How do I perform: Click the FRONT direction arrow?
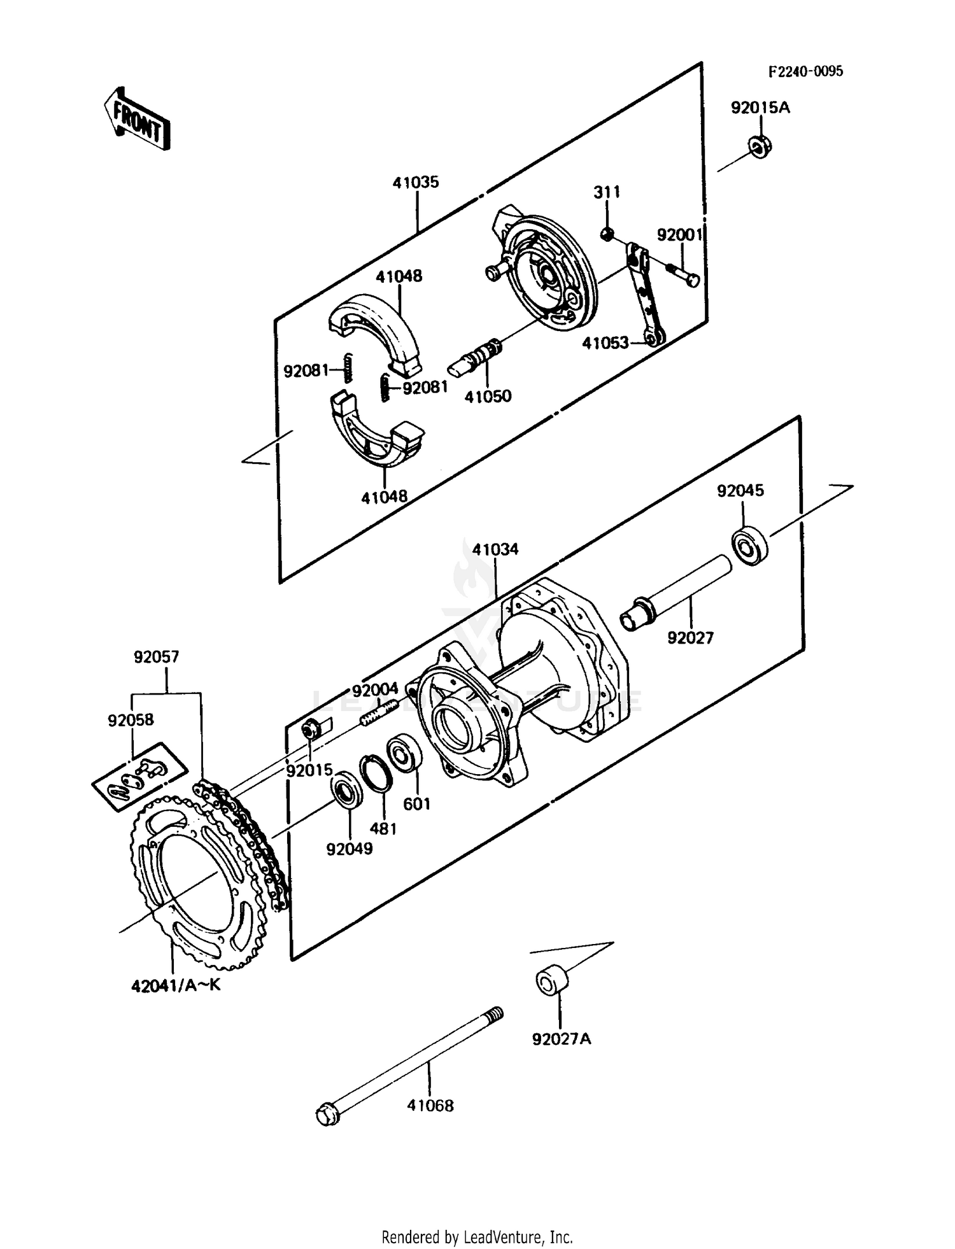point(136,119)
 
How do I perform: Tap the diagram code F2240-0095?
point(805,71)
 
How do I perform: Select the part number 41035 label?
point(416,183)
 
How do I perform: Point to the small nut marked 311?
point(607,235)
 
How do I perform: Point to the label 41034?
point(495,549)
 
